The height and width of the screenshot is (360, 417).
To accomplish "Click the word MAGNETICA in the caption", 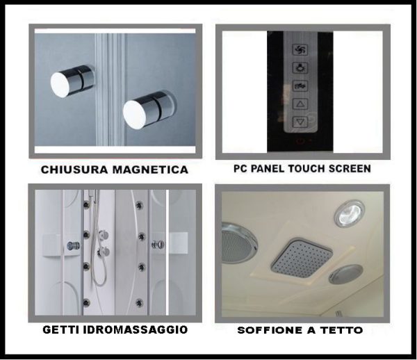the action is (x=151, y=170).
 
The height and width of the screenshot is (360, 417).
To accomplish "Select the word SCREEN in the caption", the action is (x=350, y=169).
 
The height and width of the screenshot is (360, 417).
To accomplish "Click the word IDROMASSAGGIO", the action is (x=136, y=329).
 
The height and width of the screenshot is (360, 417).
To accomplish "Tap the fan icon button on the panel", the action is (x=300, y=49).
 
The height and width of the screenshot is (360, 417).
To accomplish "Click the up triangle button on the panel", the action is (x=300, y=104).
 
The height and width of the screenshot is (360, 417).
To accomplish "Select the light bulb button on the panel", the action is (x=300, y=67).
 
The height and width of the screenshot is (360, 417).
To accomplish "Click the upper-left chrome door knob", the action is (x=72, y=81).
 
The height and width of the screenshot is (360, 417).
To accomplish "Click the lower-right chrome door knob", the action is (x=149, y=110).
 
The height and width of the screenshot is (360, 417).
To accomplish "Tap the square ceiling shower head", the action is (x=302, y=257).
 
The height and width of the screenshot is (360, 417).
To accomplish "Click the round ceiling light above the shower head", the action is (x=349, y=213).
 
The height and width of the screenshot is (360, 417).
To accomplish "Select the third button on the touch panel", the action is (x=300, y=85).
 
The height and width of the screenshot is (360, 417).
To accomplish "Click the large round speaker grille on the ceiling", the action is (x=238, y=243).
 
